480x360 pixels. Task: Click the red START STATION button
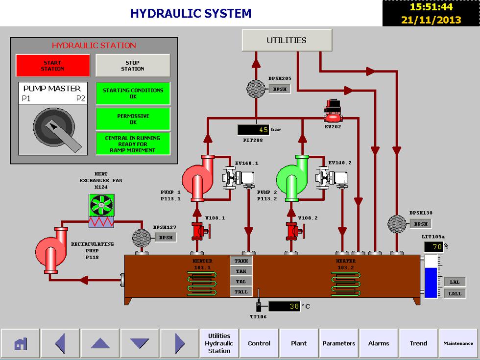pos(53,66)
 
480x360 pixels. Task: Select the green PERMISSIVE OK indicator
pos(133,119)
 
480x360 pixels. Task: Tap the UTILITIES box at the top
pos(287,40)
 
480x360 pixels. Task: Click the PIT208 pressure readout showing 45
pos(253,130)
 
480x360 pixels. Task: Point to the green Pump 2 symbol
pos(292,177)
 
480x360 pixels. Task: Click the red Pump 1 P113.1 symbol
pos(198,177)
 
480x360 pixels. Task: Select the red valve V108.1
pos(198,230)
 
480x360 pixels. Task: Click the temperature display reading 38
pos(284,306)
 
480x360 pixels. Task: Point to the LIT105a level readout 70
pos(433,247)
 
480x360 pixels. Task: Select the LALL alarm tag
pos(455,293)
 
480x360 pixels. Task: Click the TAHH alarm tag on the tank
pos(241,261)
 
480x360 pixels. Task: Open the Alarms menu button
pos(379,343)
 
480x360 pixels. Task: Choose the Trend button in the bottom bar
pos(418,343)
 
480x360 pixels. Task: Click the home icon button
pos(20,343)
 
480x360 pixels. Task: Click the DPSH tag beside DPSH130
pos(420,224)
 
